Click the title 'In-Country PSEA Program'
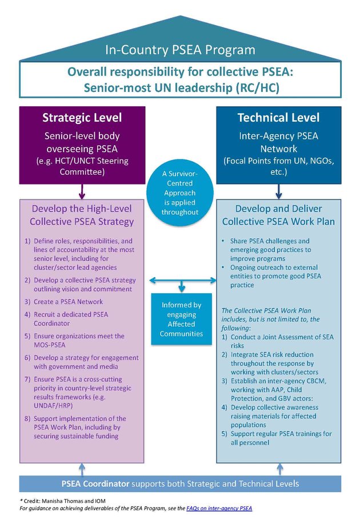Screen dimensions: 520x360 pos(179,50)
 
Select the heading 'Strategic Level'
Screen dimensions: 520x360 pos(82,118)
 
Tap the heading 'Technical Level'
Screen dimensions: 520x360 pos(278,118)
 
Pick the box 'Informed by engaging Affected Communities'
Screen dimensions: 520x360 pos(181,319)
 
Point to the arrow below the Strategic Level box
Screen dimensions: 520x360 pos(82,191)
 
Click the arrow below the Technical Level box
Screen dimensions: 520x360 pos(278,191)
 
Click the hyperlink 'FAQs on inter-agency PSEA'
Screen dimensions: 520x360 pos(219,508)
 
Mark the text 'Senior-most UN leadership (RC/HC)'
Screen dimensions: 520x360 pos(179,87)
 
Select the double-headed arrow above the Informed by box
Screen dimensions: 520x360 pos(181,280)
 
